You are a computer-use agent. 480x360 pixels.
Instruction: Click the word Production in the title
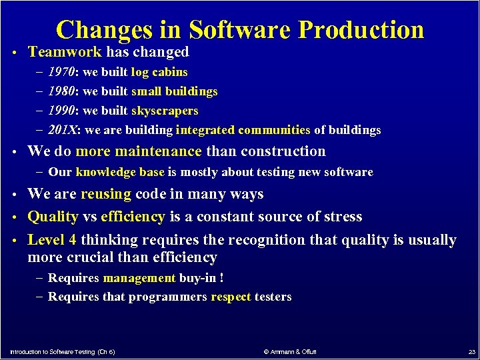pos(361,30)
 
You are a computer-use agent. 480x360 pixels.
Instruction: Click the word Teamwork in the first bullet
pos(65,52)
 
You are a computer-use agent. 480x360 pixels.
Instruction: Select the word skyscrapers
pos(165,111)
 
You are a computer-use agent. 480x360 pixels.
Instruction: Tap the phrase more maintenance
pos(139,152)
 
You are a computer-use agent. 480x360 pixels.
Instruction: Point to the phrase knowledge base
pos(120,172)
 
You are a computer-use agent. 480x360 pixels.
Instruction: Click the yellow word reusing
pos(106,195)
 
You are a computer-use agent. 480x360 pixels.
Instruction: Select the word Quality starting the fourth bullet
pos(53,217)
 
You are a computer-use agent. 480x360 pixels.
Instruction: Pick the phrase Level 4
pos(52,240)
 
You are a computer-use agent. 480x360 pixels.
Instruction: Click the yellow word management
pos(139,278)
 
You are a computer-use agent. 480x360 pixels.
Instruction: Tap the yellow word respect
pos(231,297)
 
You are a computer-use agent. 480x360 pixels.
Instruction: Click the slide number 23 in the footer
pos(471,351)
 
